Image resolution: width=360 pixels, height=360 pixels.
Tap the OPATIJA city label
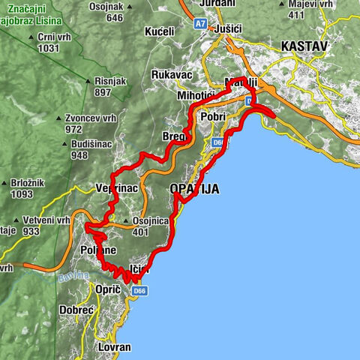[x=195, y=190]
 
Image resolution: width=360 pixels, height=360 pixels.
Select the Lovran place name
[x=114, y=347]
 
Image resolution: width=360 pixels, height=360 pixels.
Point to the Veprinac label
[x=117, y=188]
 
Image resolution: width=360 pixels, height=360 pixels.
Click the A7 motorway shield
[x=200, y=24]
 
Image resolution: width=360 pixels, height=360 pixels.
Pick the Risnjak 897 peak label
[x=113, y=85]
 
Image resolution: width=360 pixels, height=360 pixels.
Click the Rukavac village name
[x=172, y=75]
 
